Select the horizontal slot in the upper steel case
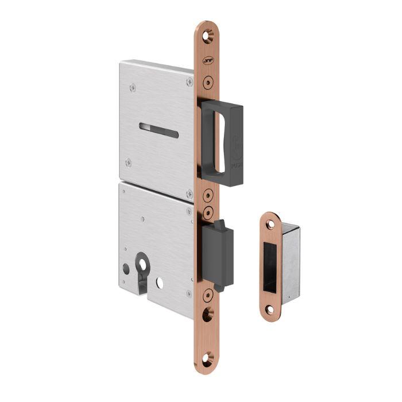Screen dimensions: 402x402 pos(159,130)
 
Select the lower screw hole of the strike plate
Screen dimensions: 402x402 pos(269,310)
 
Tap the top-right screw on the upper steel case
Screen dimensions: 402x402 pos(190,83)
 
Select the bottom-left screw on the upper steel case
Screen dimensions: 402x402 pos(129,163)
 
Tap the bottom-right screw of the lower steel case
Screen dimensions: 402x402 pos(189,293)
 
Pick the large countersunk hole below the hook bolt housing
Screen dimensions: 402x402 pos(207,313)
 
